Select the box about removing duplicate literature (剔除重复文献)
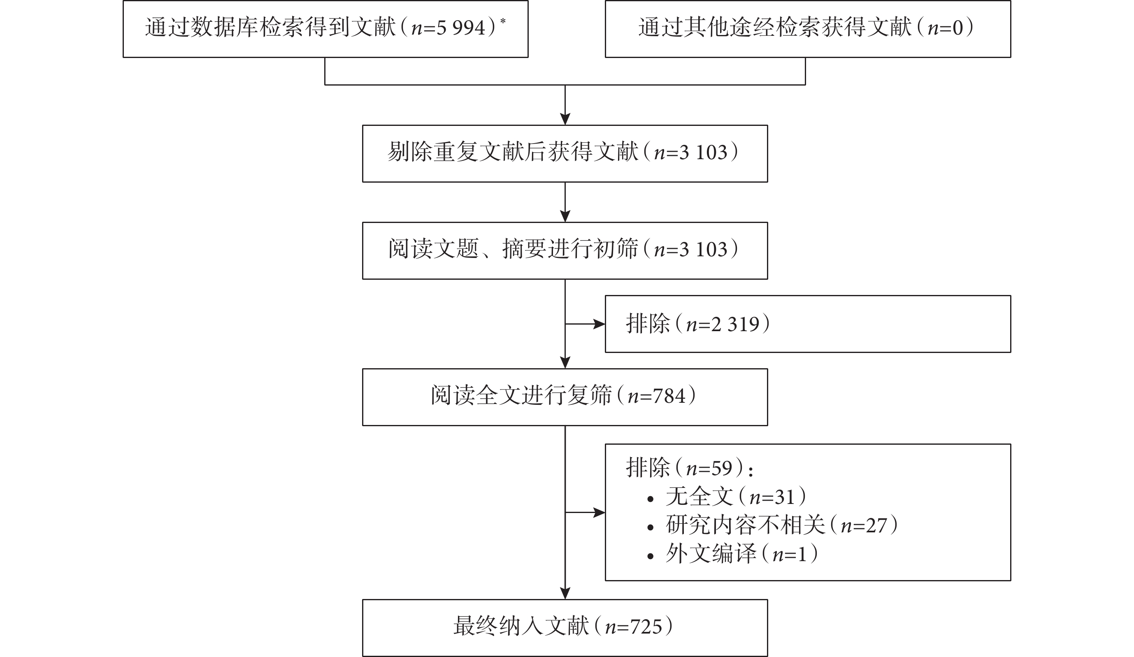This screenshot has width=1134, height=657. (x=565, y=153)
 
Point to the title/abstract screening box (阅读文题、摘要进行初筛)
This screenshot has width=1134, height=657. (x=565, y=251)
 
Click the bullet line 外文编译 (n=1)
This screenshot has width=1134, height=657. (x=732, y=554)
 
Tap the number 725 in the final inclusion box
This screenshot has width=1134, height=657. (x=646, y=627)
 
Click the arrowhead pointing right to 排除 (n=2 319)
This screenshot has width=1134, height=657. (x=599, y=324)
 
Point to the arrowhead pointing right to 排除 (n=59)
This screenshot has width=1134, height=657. (x=599, y=512)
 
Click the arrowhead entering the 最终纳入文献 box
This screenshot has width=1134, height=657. (x=565, y=593)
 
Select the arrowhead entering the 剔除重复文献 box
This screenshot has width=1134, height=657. (x=565, y=119)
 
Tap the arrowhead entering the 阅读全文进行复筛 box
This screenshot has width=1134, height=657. (x=565, y=363)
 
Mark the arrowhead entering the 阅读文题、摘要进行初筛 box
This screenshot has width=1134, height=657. (x=565, y=216)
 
